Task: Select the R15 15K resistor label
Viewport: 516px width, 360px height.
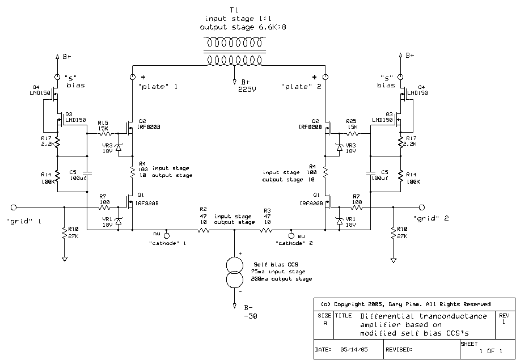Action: (103, 125)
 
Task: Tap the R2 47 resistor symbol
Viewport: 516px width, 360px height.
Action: (203, 230)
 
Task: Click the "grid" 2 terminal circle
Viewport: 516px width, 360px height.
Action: (421, 207)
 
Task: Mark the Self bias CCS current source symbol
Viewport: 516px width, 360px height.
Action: (234, 272)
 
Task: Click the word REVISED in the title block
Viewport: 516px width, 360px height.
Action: (400, 350)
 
